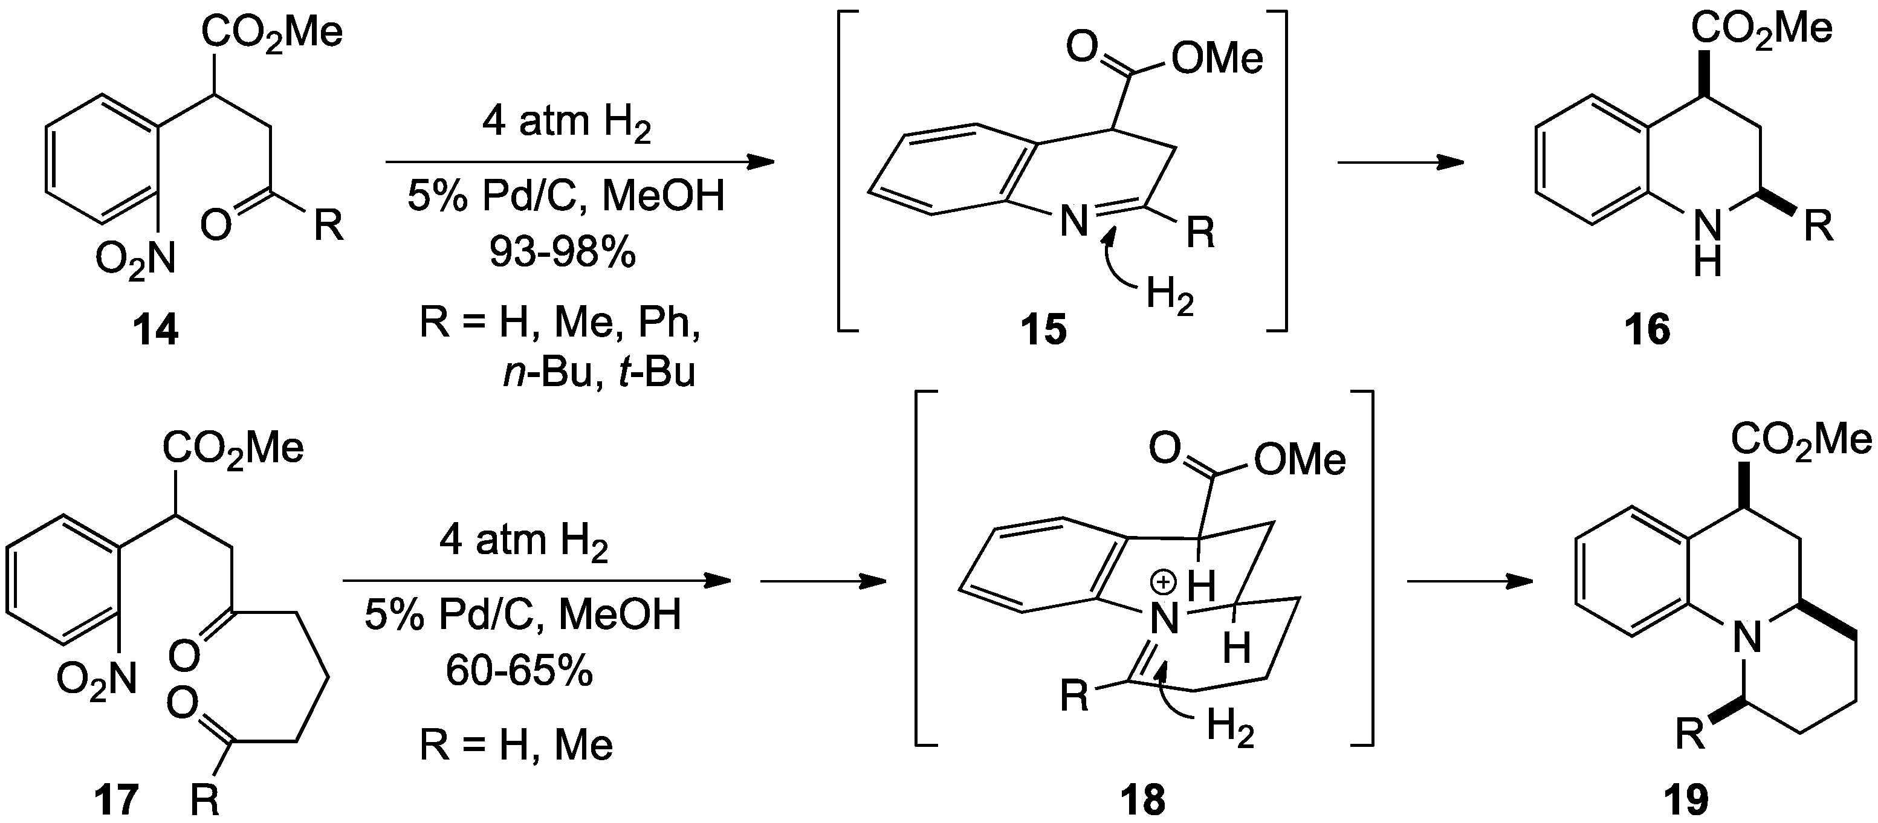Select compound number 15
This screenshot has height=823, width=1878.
coord(1043,330)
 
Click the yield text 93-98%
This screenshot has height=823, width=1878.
coord(562,253)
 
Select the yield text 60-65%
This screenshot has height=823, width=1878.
coord(520,671)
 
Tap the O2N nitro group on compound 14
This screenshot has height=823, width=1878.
coord(135,259)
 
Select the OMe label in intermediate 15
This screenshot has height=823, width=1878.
coord(1217,59)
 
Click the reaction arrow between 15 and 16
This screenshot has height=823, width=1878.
coord(1400,162)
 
